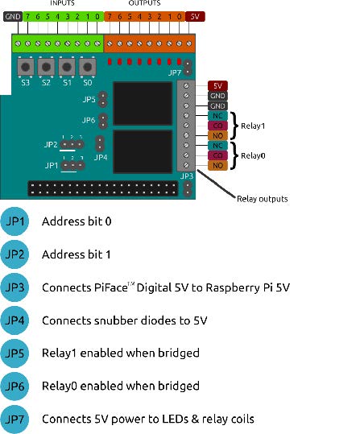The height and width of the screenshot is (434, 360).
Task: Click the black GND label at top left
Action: [x=13, y=17]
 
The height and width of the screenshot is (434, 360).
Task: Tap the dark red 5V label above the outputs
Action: [x=195, y=17]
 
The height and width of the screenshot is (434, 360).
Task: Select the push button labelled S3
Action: [x=26, y=67]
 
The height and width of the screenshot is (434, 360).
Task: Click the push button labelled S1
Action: [x=67, y=67]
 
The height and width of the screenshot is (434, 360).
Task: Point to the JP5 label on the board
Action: [x=89, y=99]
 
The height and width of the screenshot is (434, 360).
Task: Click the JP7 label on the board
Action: [x=175, y=72]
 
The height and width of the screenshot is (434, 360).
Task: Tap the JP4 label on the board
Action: [x=101, y=158]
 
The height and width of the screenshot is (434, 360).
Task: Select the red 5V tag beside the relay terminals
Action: [x=217, y=86]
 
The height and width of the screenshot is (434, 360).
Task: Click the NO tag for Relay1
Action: [x=217, y=135]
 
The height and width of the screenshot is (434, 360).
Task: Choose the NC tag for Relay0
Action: [x=217, y=146]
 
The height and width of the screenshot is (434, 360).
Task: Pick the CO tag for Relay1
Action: [x=217, y=126]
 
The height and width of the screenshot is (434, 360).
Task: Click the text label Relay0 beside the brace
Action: [x=253, y=156]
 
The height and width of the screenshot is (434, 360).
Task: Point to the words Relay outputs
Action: [x=263, y=199]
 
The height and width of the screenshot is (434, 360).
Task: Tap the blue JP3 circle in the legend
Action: [x=14, y=287]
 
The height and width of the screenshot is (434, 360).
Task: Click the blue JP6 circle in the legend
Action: [x=14, y=386]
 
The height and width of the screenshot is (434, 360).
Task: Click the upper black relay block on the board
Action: [x=143, y=104]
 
